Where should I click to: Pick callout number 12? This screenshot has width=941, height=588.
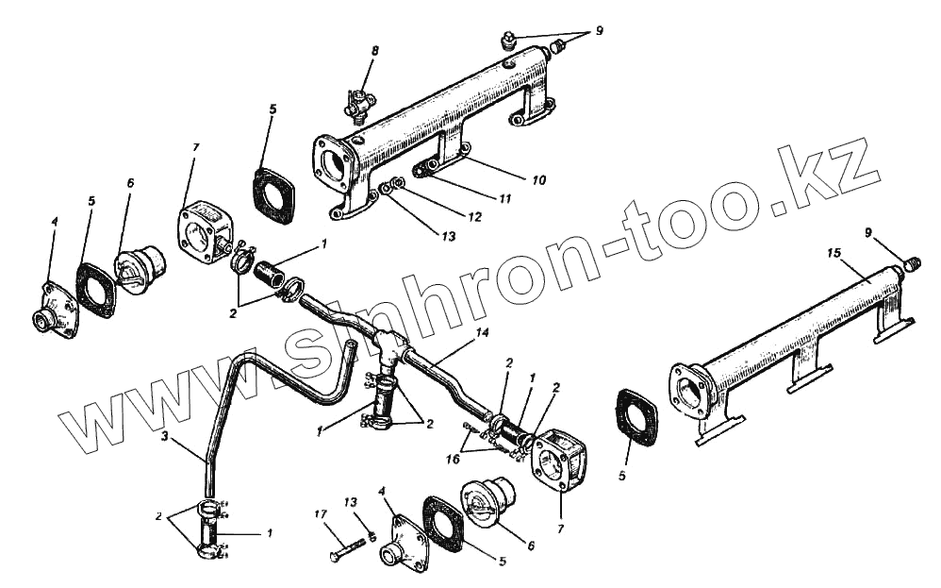pos(473,216)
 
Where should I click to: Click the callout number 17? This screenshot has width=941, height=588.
pos(321,514)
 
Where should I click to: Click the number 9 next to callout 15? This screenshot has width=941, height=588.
pos(867,231)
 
